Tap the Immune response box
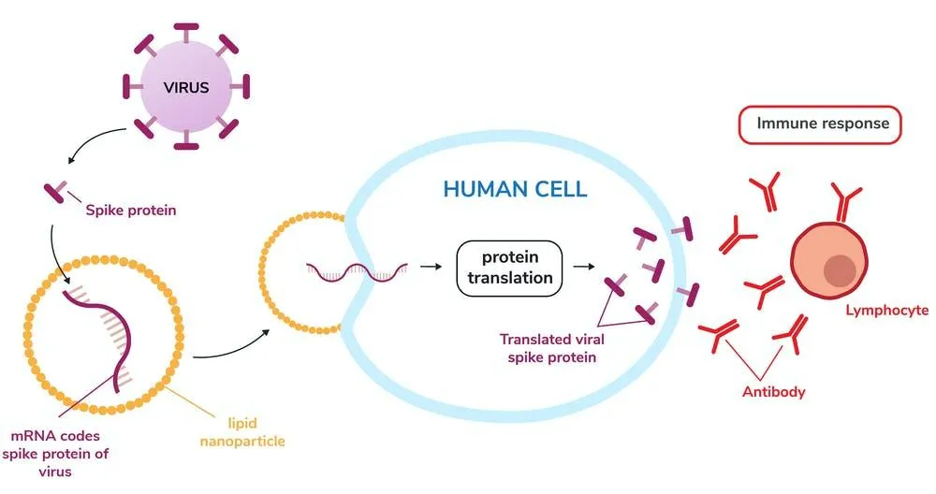(x=822, y=123)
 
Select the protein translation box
(x=509, y=266)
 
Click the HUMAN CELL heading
(x=515, y=189)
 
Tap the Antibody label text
(x=773, y=391)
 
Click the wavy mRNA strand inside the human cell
(x=357, y=272)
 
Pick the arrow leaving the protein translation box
(x=582, y=267)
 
